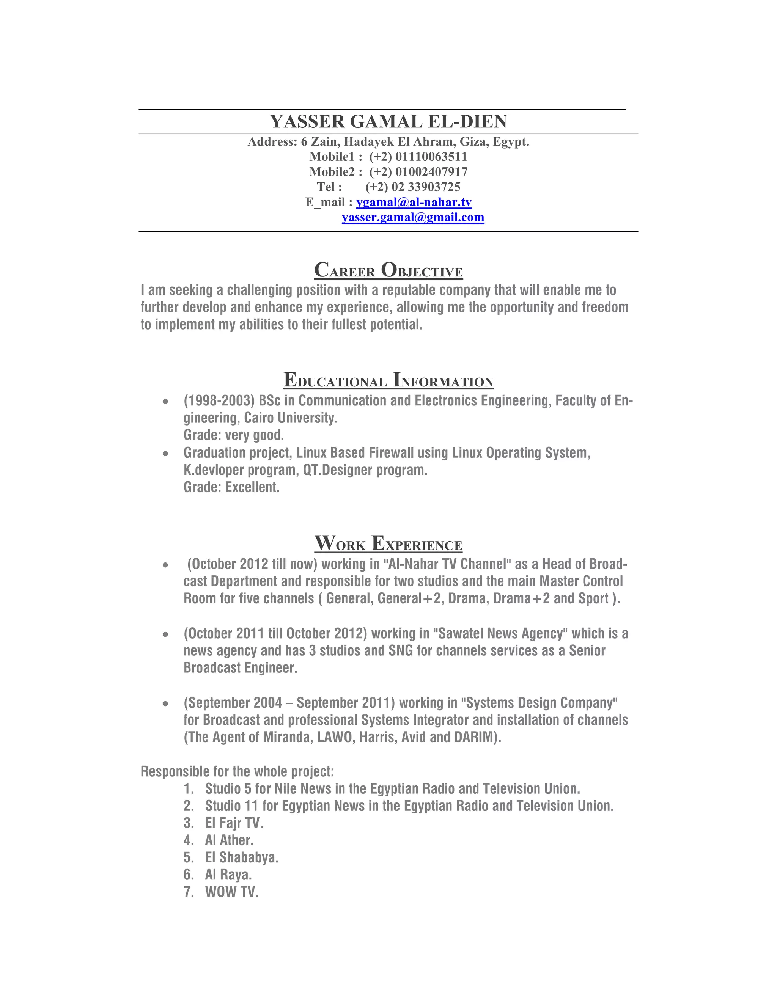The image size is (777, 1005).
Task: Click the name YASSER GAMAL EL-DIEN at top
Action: click(388, 121)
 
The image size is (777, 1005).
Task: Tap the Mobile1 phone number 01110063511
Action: click(431, 157)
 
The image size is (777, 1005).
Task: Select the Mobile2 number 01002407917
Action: click(431, 172)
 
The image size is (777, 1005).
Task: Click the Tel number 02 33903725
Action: click(425, 187)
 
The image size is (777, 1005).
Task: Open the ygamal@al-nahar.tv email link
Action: click(414, 203)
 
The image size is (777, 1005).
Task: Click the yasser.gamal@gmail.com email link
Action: click(413, 218)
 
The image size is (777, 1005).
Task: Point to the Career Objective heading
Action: click(388, 270)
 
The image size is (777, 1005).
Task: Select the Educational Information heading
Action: click(388, 380)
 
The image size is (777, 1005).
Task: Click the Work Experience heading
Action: click(388, 544)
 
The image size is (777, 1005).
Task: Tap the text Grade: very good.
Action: click(233, 435)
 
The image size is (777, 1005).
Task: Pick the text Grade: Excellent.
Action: click(231, 487)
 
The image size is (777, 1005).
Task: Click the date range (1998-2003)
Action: click(219, 401)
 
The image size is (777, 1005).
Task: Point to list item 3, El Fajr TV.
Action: click(234, 823)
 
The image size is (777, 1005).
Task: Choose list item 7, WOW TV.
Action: click(231, 892)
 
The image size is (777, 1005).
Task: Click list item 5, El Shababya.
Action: click(242, 857)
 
